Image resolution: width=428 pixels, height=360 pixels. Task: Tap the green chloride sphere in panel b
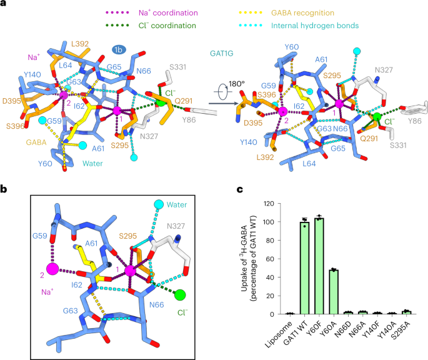click(x=180, y=295)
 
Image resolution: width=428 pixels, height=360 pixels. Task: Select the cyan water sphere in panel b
click(x=158, y=204)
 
